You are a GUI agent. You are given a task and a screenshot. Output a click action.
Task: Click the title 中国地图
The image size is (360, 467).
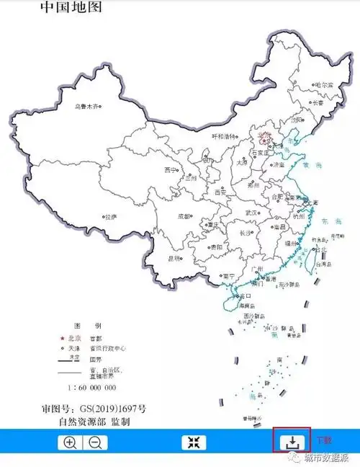[x=71, y=8]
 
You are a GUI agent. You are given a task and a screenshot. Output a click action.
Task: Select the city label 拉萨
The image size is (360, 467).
[x=109, y=216]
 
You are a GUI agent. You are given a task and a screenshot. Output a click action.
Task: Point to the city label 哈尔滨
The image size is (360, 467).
[x=325, y=85]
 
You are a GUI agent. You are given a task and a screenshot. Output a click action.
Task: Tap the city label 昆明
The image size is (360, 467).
[x=174, y=257]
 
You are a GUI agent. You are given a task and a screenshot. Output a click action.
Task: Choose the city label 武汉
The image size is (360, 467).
[x=251, y=213]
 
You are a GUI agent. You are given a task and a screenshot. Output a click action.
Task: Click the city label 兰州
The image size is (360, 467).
[x=191, y=177]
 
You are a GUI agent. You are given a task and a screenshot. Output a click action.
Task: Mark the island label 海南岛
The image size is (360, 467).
[x=248, y=305]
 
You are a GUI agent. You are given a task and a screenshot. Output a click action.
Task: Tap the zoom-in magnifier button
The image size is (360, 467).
[x=70, y=442]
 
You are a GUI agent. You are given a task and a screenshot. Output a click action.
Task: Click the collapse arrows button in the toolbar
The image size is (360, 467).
[x=193, y=442]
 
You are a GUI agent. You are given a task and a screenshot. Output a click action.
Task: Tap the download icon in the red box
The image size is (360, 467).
[x=292, y=440]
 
